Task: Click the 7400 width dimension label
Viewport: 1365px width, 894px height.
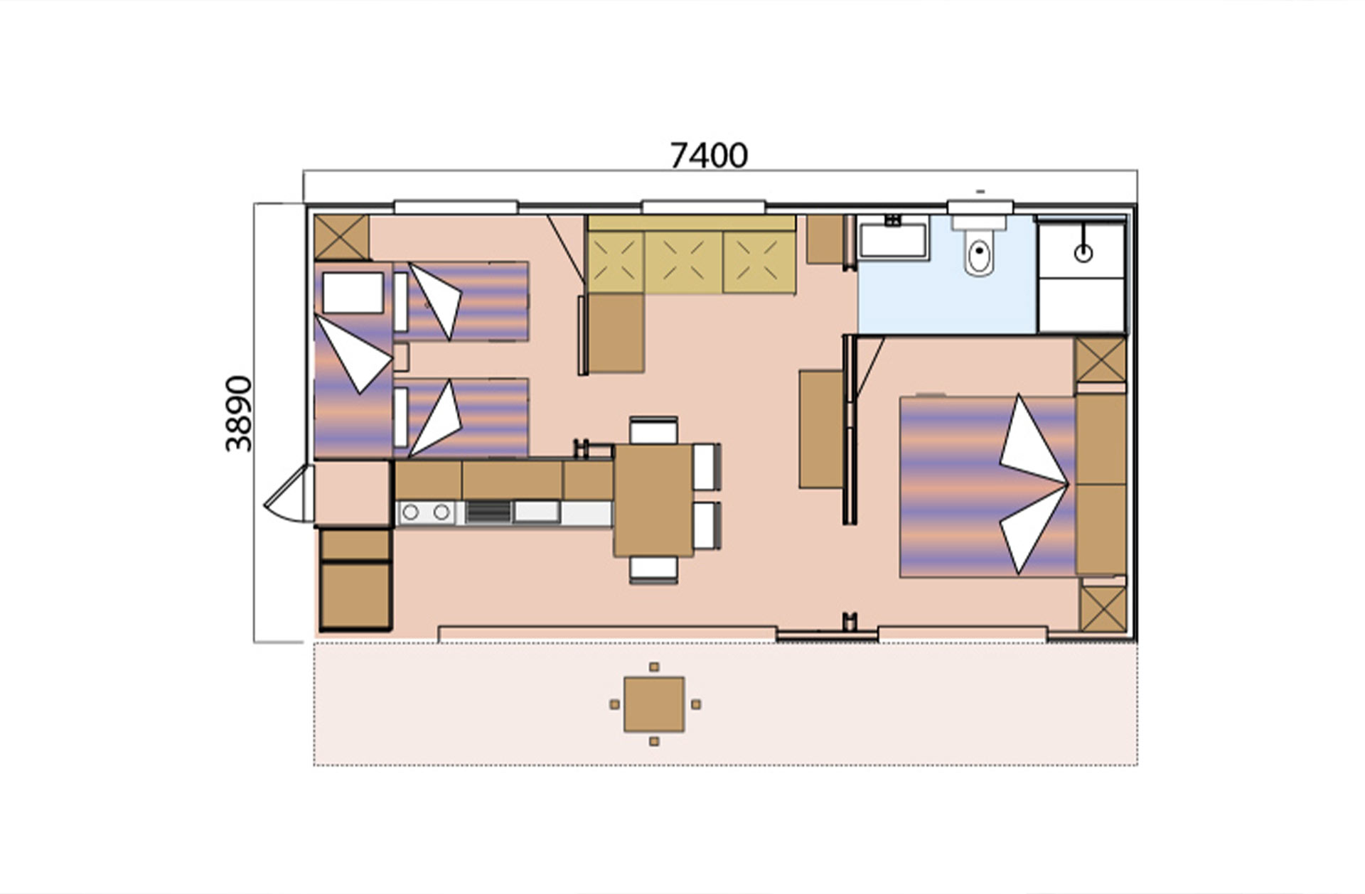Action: coord(709,156)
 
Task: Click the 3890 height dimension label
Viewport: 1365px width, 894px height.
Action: coord(239,414)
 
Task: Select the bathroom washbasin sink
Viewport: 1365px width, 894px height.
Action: coord(893,240)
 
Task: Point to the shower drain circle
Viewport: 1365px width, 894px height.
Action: coord(1083,252)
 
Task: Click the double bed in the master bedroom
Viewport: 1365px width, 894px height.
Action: coord(987,487)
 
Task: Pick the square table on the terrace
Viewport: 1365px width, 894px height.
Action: coord(654,704)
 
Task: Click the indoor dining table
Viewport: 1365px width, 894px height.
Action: coord(653,500)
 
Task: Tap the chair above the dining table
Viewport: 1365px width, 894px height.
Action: coord(653,431)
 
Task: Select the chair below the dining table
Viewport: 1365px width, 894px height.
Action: coord(653,570)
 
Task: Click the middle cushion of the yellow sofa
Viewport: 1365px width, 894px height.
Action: coord(683,262)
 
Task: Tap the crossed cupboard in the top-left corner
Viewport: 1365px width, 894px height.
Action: coord(341,237)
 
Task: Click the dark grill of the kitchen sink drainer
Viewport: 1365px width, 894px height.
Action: coord(488,512)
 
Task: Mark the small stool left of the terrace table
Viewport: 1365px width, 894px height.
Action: coord(615,704)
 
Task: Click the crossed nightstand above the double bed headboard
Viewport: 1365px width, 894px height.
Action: coord(1100,360)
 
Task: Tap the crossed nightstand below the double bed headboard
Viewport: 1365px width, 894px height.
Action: coord(1103,609)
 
